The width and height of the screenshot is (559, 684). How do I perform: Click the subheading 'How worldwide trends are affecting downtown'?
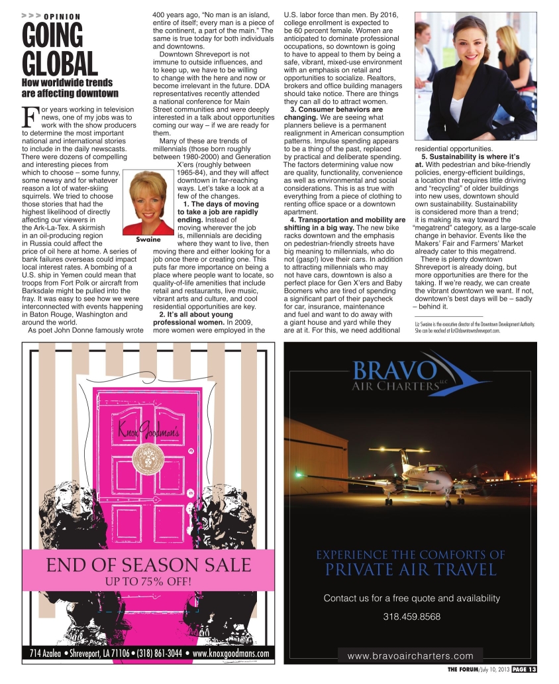(70, 88)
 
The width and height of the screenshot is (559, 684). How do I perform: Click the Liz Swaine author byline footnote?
(474, 326)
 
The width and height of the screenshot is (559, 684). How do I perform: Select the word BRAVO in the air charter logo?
(393, 370)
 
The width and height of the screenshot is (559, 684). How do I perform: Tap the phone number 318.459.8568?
(411, 616)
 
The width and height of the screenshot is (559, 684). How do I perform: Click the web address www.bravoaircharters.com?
(411, 655)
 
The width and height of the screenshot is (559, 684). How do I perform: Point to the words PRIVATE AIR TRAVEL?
(411, 569)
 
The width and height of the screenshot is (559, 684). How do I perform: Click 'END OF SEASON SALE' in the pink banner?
(148, 565)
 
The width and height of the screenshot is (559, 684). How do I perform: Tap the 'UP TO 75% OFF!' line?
(148, 582)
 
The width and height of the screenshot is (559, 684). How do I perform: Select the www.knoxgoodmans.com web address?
(230, 654)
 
